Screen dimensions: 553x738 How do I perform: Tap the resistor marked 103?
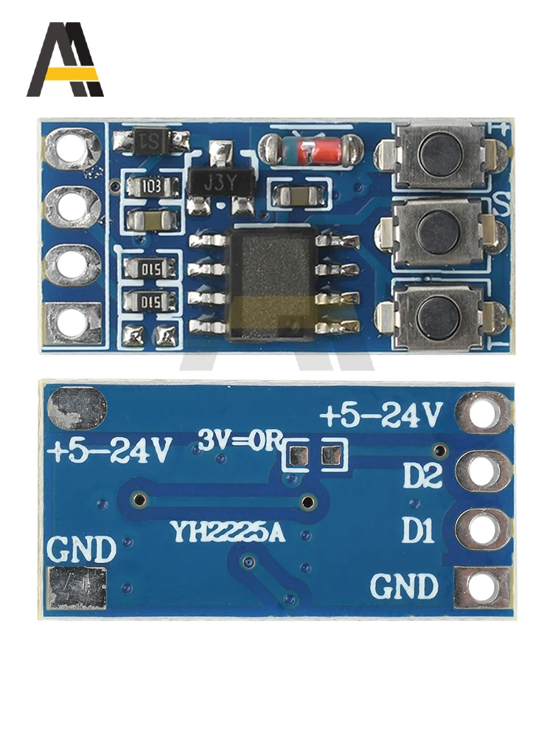click(x=153, y=186)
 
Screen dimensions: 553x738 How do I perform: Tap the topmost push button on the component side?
click(x=440, y=153)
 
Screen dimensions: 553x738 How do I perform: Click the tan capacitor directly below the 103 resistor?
click(x=152, y=220)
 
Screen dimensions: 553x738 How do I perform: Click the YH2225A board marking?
click(x=226, y=532)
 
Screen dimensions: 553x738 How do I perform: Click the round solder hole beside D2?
click(x=483, y=472)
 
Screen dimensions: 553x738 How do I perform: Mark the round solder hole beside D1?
click(x=483, y=529)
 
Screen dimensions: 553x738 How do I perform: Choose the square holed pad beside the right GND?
click(x=483, y=587)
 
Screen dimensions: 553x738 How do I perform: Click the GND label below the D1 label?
click(x=403, y=587)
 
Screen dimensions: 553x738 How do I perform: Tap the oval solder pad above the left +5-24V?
click(x=77, y=407)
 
